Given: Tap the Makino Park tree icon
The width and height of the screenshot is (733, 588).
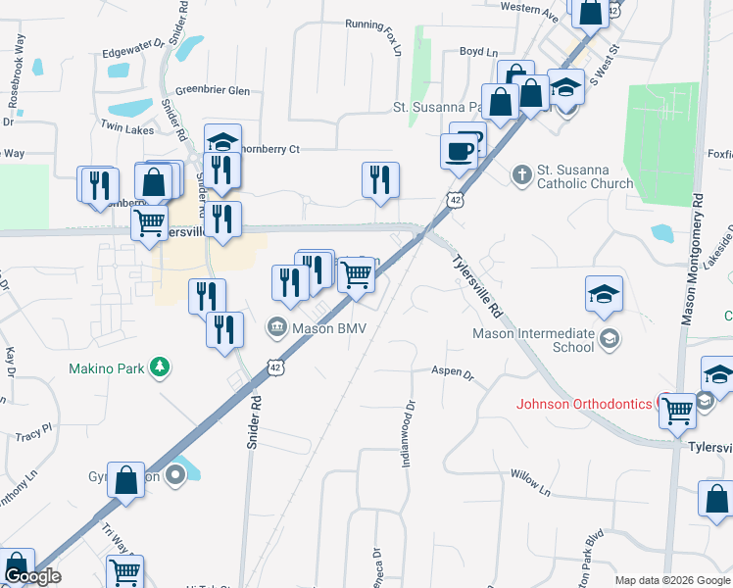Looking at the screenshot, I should [160, 368].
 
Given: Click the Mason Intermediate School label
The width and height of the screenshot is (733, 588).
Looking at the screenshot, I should [533, 339].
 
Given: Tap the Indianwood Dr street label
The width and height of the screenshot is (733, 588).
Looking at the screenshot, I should [411, 432].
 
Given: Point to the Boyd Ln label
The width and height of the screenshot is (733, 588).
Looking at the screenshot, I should [479, 51].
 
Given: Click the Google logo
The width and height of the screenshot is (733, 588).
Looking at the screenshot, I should [32, 576].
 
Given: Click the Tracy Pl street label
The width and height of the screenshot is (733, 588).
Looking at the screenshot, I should [33, 431].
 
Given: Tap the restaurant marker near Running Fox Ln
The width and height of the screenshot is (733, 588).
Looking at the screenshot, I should [380, 179].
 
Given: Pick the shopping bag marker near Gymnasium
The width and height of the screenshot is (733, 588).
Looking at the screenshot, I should [126, 480].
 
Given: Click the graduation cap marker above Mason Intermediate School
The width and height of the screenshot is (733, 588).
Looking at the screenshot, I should [605, 293].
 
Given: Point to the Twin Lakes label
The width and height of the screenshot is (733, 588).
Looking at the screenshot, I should [125, 128].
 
